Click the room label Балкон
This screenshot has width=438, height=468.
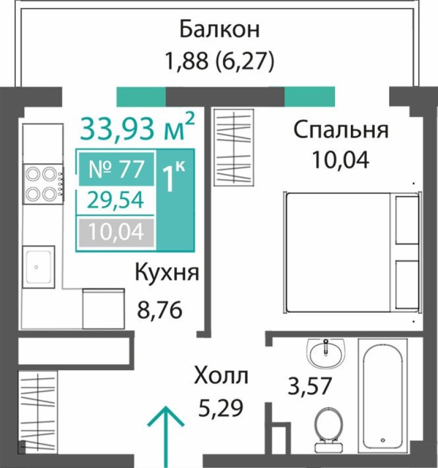click(219, 29)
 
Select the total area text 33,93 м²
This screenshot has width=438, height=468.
click(138, 128)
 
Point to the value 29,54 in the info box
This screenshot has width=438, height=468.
click(116, 200)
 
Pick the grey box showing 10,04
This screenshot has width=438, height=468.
click(116, 232)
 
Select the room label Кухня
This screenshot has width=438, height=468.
click(167, 273)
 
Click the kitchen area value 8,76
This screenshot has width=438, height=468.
click(160, 309)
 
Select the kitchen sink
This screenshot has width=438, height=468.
click(38, 266)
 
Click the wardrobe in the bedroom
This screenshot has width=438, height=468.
click(234, 147)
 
